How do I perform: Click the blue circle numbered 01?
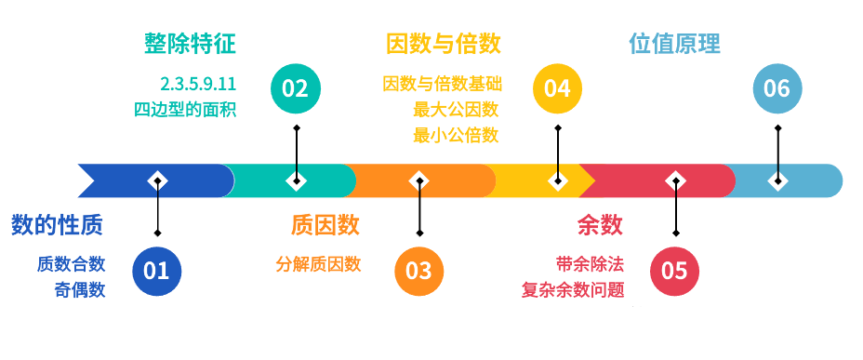point(157,271)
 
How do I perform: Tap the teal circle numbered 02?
point(295,88)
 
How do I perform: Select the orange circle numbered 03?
point(419,271)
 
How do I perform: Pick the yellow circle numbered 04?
point(557,88)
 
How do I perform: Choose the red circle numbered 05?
point(674,271)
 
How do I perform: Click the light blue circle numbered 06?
point(777,88)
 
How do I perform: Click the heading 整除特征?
point(190,44)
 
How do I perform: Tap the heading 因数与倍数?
point(444,44)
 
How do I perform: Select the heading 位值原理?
point(675,44)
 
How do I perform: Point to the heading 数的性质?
point(58,224)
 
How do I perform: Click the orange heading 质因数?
point(325,224)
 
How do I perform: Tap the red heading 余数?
point(600,224)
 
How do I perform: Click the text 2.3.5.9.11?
point(198,83)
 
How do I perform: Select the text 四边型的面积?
point(185,109)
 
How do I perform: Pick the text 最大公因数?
point(457,109)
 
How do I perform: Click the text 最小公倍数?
point(457,135)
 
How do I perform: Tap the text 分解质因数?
point(318,263)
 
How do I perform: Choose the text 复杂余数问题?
point(573,289)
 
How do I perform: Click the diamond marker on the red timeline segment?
point(675,180)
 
